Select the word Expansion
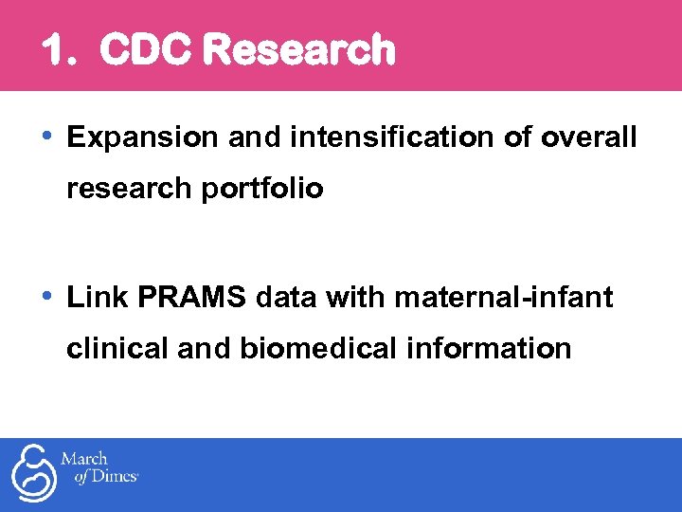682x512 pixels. pyautogui.click(x=142, y=138)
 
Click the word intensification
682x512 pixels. pyautogui.click(x=392, y=138)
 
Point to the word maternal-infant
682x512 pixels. pyautogui.click(x=504, y=299)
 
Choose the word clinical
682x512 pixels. pyautogui.click(x=119, y=349)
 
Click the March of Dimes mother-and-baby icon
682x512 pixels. pyautogui.click(x=31, y=474)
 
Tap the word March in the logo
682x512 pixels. pyautogui.click(x=84, y=460)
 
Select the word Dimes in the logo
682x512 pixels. pyautogui.click(x=115, y=478)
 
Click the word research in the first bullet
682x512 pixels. pyautogui.click(x=129, y=189)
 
